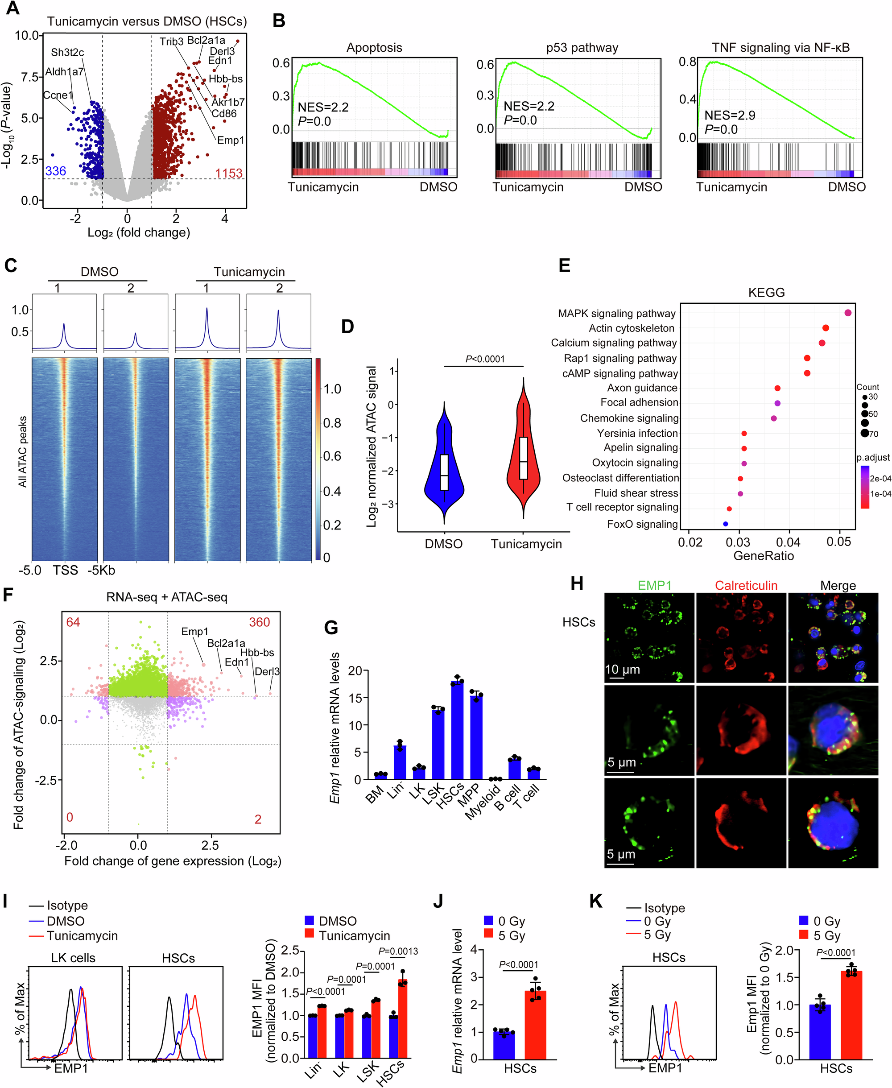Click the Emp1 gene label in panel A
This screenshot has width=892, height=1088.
[230, 141]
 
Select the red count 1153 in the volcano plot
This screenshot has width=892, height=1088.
[229, 173]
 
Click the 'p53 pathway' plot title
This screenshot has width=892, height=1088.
[582, 48]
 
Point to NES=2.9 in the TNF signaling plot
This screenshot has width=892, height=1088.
[730, 115]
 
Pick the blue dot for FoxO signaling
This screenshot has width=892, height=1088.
[726, 524]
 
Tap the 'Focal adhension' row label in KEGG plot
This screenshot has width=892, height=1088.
[639, 402]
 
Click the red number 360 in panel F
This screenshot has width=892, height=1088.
[260, 622]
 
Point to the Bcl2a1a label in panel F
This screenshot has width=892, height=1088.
[226, 643]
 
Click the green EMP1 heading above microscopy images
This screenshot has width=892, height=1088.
[654, 585]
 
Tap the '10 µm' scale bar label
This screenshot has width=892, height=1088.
[622, 670]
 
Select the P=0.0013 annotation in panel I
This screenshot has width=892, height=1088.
[398, 951]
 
